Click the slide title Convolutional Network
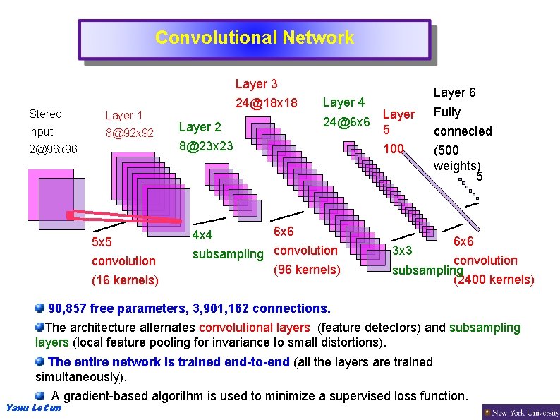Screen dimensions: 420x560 pos(254,38)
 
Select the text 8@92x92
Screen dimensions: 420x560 pos(128,132)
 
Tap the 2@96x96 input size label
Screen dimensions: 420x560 pos(53,150)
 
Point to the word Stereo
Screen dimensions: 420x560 pos(45,114)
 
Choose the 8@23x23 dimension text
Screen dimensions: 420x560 pos(206,146)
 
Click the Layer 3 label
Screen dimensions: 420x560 pos(256,85)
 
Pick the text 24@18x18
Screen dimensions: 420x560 pos(266,103)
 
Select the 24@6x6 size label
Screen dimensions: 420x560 pos(346,122)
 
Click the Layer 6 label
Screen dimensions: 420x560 pos(454,92)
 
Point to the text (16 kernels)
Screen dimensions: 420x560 pos(125,280)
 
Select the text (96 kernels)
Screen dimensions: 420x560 pos(306,270)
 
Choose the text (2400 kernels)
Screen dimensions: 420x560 pos(494,280)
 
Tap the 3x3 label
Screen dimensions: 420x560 pos(402,251)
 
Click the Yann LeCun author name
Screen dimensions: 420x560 pos(33,407)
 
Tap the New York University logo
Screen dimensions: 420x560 pos(521,412)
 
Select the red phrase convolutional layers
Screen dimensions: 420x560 pos(254,328)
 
